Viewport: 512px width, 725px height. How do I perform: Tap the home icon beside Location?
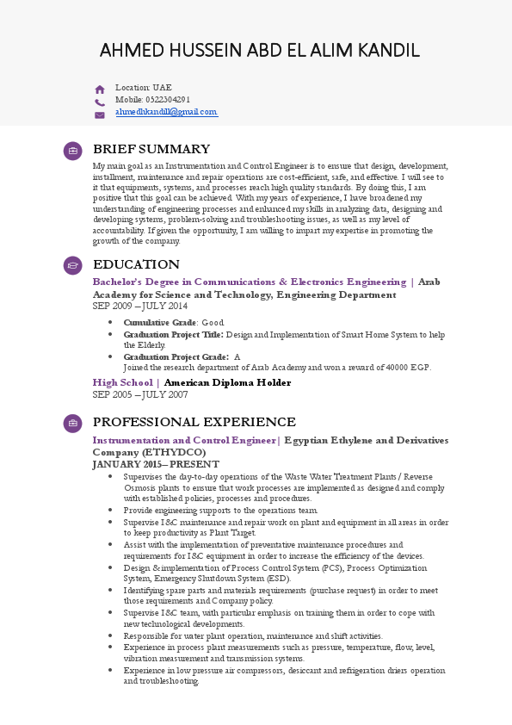coord(100,89)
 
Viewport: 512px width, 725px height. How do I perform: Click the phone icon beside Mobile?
coord(100,102)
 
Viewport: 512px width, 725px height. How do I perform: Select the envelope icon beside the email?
coord(100,115)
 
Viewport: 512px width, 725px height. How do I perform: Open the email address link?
coord(166,112)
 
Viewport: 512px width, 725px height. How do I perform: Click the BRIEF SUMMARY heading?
coord(151,149)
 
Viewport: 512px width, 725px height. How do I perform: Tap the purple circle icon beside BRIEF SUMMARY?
coord(73,151)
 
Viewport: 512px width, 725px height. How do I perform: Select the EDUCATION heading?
coord(136,264)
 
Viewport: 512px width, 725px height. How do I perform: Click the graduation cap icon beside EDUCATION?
coord(73,265)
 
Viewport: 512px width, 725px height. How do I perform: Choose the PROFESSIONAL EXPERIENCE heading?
coord(194,422)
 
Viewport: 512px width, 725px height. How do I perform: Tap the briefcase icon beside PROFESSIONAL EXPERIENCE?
coord(73,423)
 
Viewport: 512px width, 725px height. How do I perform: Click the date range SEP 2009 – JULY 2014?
coord(139,307)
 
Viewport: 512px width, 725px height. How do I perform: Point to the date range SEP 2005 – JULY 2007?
coord(139,394)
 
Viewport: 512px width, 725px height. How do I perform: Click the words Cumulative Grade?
coord(160,322)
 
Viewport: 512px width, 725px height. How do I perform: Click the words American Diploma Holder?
coord(227,382)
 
